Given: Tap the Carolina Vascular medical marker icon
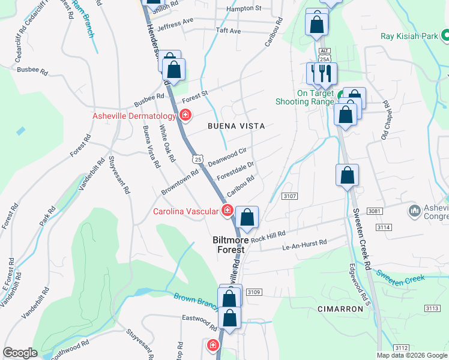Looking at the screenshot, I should (228, 210).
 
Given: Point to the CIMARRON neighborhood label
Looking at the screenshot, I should (340, 309).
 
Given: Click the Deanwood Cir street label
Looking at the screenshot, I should (228, 157).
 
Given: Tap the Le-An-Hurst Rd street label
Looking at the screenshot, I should (305, 244).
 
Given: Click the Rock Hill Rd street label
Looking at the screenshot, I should (268, 235).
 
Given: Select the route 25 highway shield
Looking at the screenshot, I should (198, 159).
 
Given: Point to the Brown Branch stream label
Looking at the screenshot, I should (196, 301).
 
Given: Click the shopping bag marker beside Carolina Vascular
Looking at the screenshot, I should (247, 217).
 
